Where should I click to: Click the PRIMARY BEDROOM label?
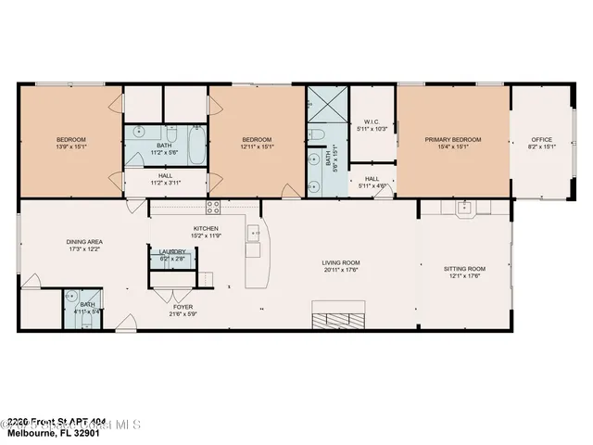coord(453,140)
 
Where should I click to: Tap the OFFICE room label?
coord(540,140)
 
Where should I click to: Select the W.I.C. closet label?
coord(372,121)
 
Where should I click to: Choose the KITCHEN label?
coord(205,228)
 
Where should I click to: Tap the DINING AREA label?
coord(83,242)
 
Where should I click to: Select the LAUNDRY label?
coord(173,251)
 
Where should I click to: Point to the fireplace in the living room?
coord(338,319)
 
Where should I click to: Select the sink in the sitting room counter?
coord(467,207)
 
